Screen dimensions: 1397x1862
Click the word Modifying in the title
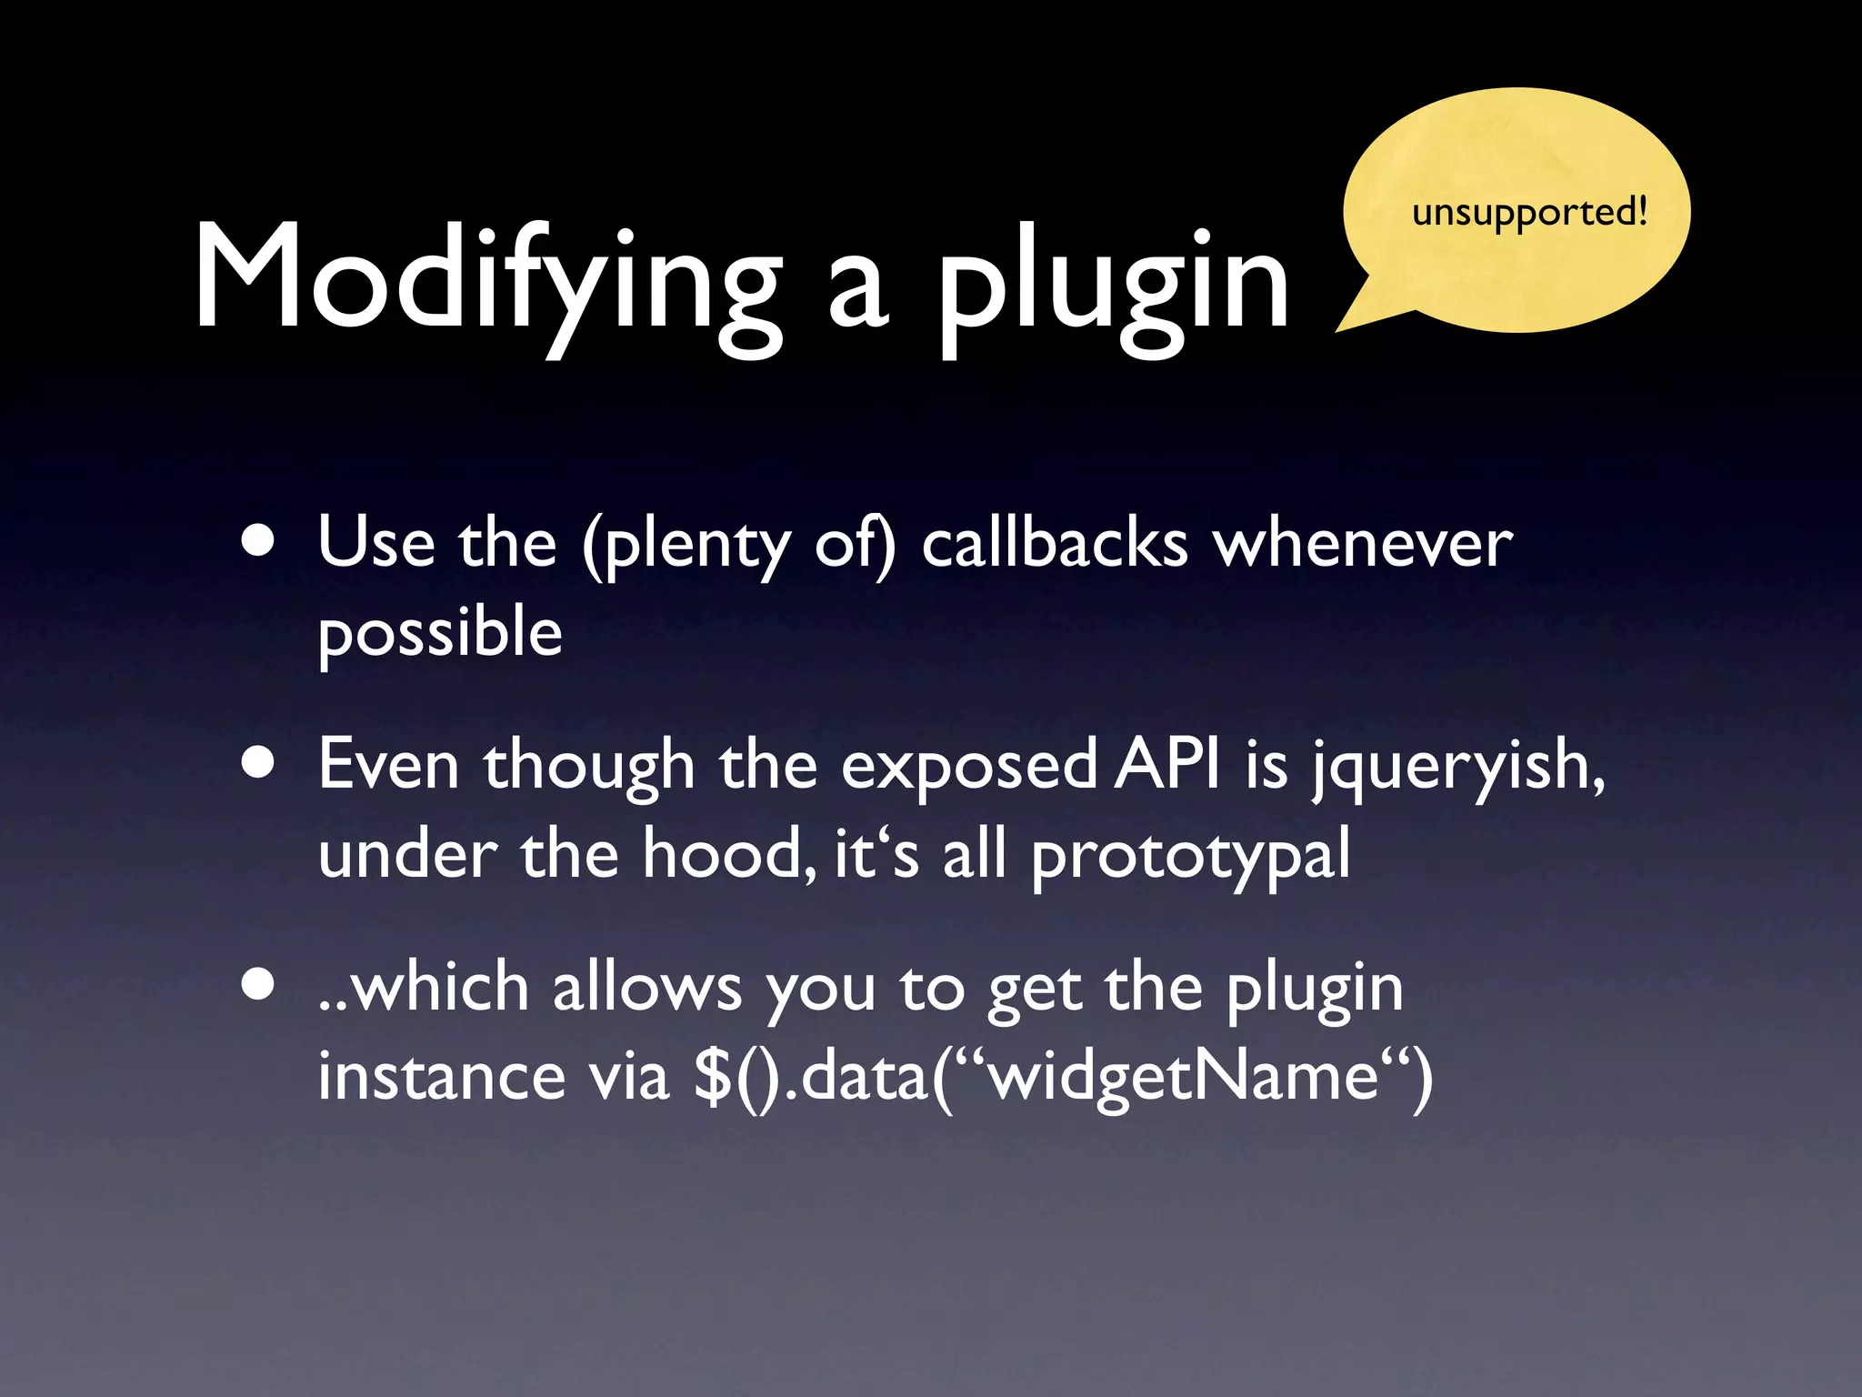coord(486,277)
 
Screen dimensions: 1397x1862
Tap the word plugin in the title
coord(1113,282)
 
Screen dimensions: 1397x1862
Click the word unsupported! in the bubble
coord(1529,213)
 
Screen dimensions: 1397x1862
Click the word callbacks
coord(1055,544)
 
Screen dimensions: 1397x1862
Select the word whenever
coord(1363,544)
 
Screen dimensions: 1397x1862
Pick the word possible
coord(440,633)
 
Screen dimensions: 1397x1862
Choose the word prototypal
coord(1190,858)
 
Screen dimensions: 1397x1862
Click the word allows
coord(646,988)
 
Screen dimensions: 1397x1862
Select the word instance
coord(441,1077)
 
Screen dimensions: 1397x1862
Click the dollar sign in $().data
coord(712,1077)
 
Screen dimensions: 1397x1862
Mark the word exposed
coord(968,767)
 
